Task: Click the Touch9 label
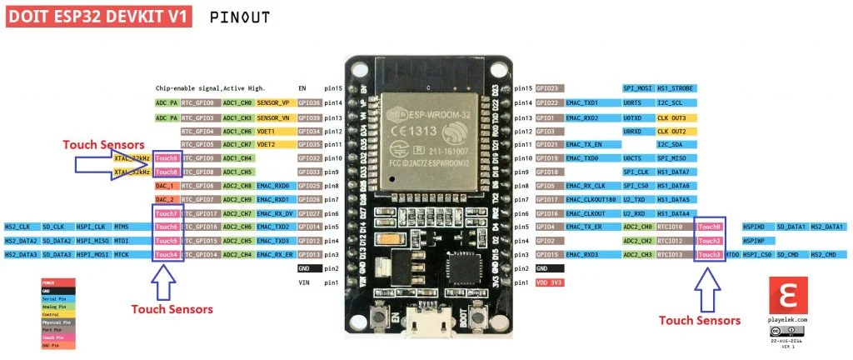click(167, 158)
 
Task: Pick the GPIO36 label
click(309, 102)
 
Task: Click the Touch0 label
click(710, 227)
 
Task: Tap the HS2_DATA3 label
click(22, 254)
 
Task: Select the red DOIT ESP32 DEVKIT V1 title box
click(99, 16)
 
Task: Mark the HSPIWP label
click(754, 241)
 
